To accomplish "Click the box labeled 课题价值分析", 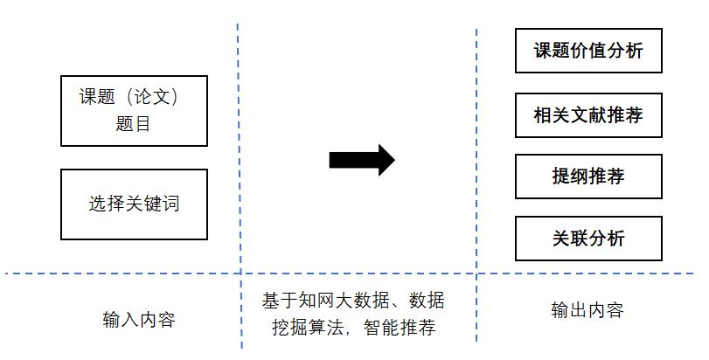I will [x=587, y=51].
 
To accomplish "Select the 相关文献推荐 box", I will [x=587, y=114].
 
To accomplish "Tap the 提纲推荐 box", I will [x=587, y=177].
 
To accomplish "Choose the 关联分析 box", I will [x=587, y=238].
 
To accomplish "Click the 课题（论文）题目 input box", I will [x=134, y=110].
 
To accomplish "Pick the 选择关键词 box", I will [x=134, y=204].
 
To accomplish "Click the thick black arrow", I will [x=361, y=160].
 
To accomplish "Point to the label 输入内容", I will [x=139, y=319].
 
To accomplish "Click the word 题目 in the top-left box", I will [x=133, y=123].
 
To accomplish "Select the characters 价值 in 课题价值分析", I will [x=587, y=51].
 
